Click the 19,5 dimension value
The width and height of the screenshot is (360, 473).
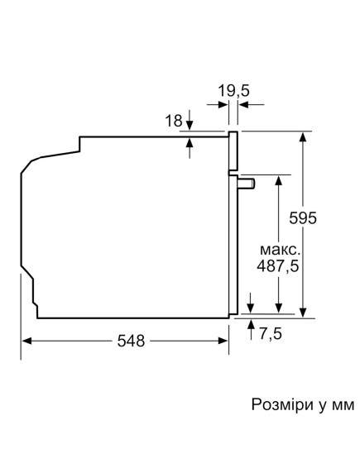point(233,89)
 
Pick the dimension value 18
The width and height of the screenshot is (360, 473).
point(173,122)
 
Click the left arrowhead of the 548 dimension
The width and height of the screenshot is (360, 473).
point(26,340)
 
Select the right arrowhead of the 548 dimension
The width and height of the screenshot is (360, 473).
point(224,340)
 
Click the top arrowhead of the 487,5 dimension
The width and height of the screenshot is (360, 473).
point(281,179)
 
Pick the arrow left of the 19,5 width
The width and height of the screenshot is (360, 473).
point(223,105)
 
